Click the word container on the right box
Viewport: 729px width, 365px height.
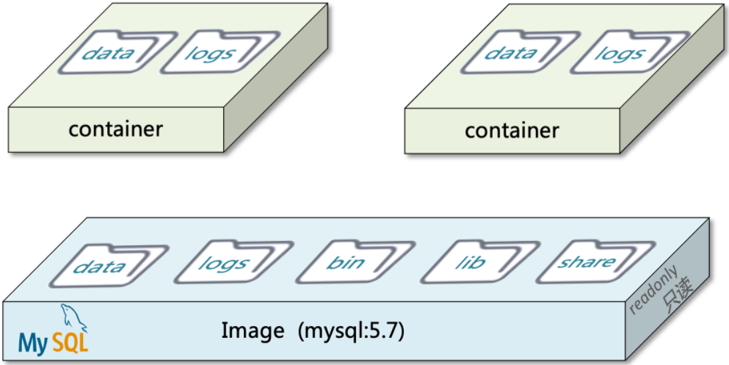tap(512, 131)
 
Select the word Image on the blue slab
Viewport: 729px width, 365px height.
tap(253, 331)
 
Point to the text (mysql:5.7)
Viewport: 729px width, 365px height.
tap(352, 331)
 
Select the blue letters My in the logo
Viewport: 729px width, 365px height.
tap(33, 343)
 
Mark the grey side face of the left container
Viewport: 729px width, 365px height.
tap(280, 95)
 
